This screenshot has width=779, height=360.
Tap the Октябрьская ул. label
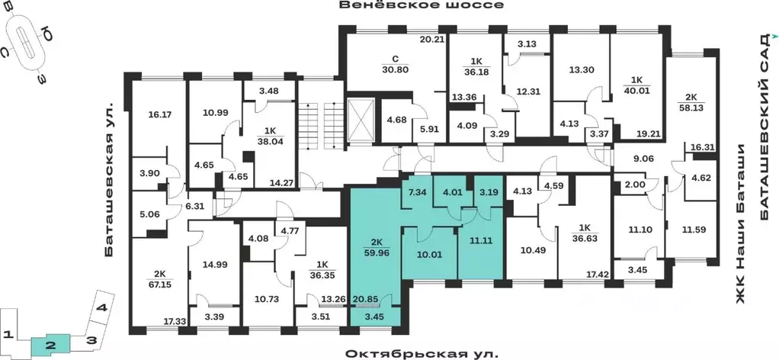click(421, 354)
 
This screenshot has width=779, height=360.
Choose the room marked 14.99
click(214, 264)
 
